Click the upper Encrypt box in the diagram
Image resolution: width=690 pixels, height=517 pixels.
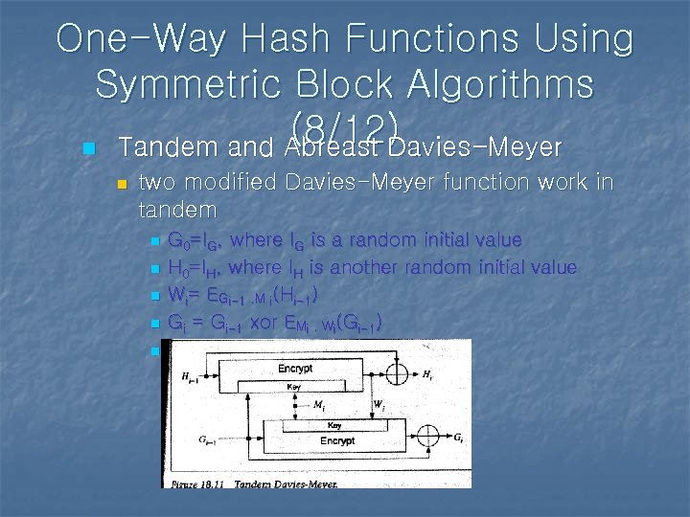(x=294, y=370)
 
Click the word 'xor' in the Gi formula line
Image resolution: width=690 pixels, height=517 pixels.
(x=268, y=325)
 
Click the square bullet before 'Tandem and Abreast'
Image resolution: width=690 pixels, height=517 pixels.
(x=89, y=149)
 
